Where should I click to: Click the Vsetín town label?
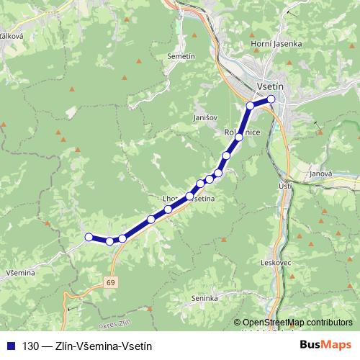point(271,85)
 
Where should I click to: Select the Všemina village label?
point(19,272)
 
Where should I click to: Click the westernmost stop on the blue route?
point(89,237)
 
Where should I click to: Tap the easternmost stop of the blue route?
point(271,99)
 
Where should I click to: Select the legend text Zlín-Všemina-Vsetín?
point(103,346)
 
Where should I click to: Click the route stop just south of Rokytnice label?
point(239,137)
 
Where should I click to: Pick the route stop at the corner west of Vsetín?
point(251,106)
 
